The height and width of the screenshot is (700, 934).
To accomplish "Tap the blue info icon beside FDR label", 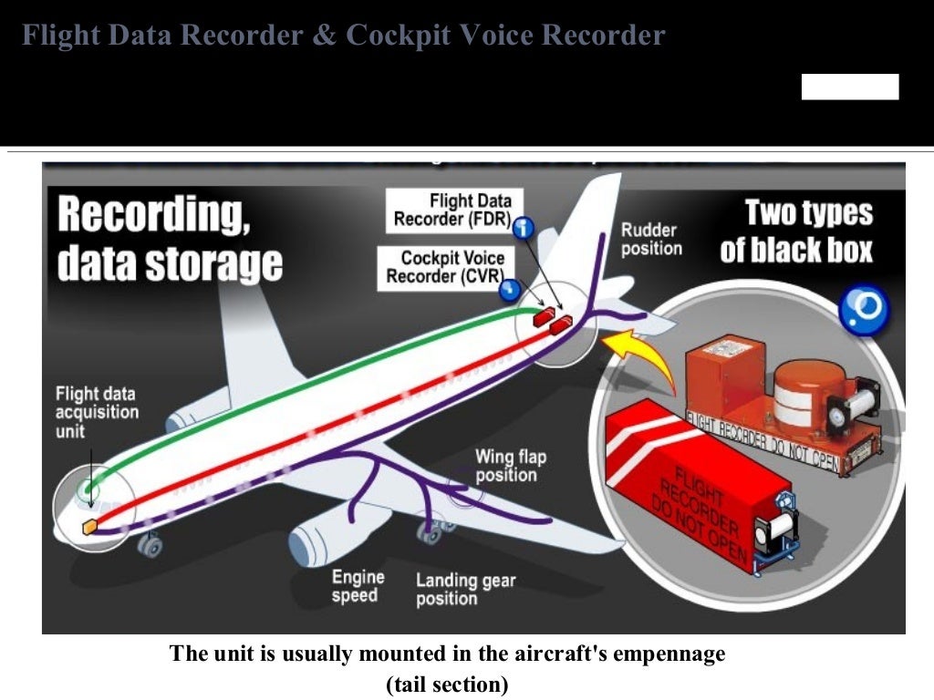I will point(524,227).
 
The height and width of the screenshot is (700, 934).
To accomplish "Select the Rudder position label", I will point(651,239).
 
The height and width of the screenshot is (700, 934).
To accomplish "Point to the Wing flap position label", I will point(511,466).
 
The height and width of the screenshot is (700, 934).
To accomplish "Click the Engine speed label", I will point(358,586).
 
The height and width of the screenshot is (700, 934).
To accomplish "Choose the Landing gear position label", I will point(465,590).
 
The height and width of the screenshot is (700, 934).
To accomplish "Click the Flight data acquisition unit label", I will point(97,412).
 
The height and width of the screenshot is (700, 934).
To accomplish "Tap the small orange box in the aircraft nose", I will point(89,527).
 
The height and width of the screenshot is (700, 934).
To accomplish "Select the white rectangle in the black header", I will point(849,87).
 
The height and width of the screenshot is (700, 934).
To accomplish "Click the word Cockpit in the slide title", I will point(399,36).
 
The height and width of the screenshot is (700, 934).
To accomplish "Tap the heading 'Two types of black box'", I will point(797,232).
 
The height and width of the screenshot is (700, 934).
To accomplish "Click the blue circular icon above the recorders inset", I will point(862,310).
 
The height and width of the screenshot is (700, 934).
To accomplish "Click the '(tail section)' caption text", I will point(447,685).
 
